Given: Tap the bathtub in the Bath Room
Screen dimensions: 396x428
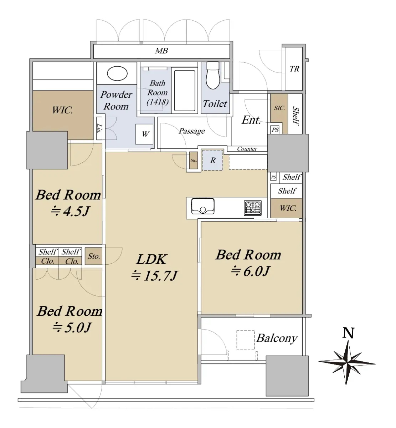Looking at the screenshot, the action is click(185, 91).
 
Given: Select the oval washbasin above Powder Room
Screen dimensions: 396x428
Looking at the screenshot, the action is click(117, 73).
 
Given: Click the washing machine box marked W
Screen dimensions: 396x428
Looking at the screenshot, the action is click(144, 134).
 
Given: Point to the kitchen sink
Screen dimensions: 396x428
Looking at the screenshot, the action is click(203, 206).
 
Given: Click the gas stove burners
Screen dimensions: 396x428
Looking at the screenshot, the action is click(253, 208).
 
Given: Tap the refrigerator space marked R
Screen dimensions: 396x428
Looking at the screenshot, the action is click(212, 160).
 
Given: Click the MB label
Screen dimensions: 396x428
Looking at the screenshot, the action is click(161, 51).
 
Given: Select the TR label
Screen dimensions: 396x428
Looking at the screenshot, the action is click(294, 69).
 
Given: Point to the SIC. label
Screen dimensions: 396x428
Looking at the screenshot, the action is click(279, 108).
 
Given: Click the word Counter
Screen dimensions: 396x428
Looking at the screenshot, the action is click(247, 149).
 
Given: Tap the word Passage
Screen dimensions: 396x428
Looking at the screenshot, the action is click(192, 131).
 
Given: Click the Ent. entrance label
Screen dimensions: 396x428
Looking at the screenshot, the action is click(251, 120).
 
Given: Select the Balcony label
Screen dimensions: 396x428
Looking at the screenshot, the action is click(277, 338).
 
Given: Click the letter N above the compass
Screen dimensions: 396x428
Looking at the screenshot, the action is click(348, 333).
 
